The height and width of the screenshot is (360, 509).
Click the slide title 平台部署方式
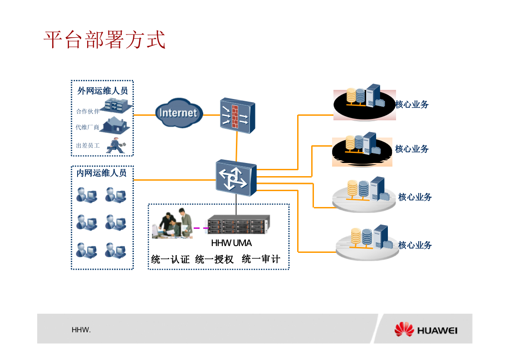[x=104, y=40]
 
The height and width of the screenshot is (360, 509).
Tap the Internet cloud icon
[x=179, y=113]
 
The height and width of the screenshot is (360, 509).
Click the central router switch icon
[x=235, y=178]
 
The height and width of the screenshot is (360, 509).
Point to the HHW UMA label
[x=231, y=243]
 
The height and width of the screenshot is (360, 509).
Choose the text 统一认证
[x=170, y=260]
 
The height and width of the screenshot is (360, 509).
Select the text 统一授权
[x=214, y=260]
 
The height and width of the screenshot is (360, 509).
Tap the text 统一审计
[x=261, y=259]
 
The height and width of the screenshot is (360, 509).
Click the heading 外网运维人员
[x=103, y=91]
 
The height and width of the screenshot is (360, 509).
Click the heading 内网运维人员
[x=102, y=173]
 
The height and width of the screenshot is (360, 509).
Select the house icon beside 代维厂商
[x=116, y=125]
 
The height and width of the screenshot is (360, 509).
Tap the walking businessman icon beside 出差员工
[x=116, y=145]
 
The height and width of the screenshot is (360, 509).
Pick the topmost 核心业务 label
[x=412, y=104]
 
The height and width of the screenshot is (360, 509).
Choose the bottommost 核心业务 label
[x=415, y=245]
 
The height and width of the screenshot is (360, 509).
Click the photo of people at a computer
[x=172, y=223]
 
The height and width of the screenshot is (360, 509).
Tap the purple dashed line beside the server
[x=201, y=228]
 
